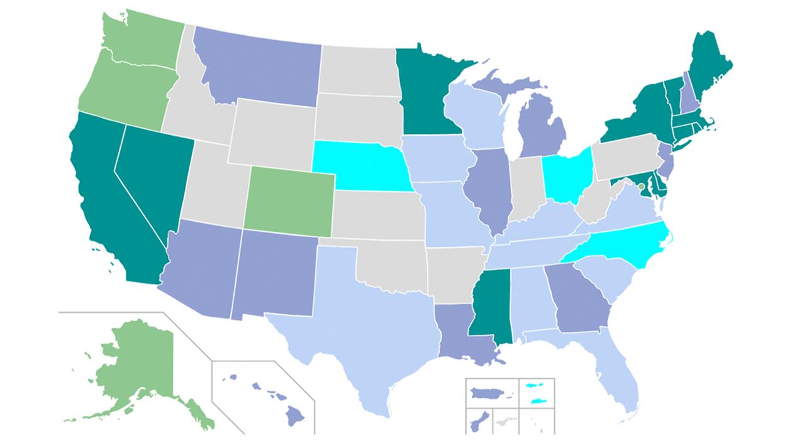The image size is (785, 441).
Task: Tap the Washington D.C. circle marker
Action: [641, 187]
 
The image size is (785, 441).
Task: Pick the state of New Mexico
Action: [274, 273]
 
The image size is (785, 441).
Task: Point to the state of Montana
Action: [258, 66]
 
